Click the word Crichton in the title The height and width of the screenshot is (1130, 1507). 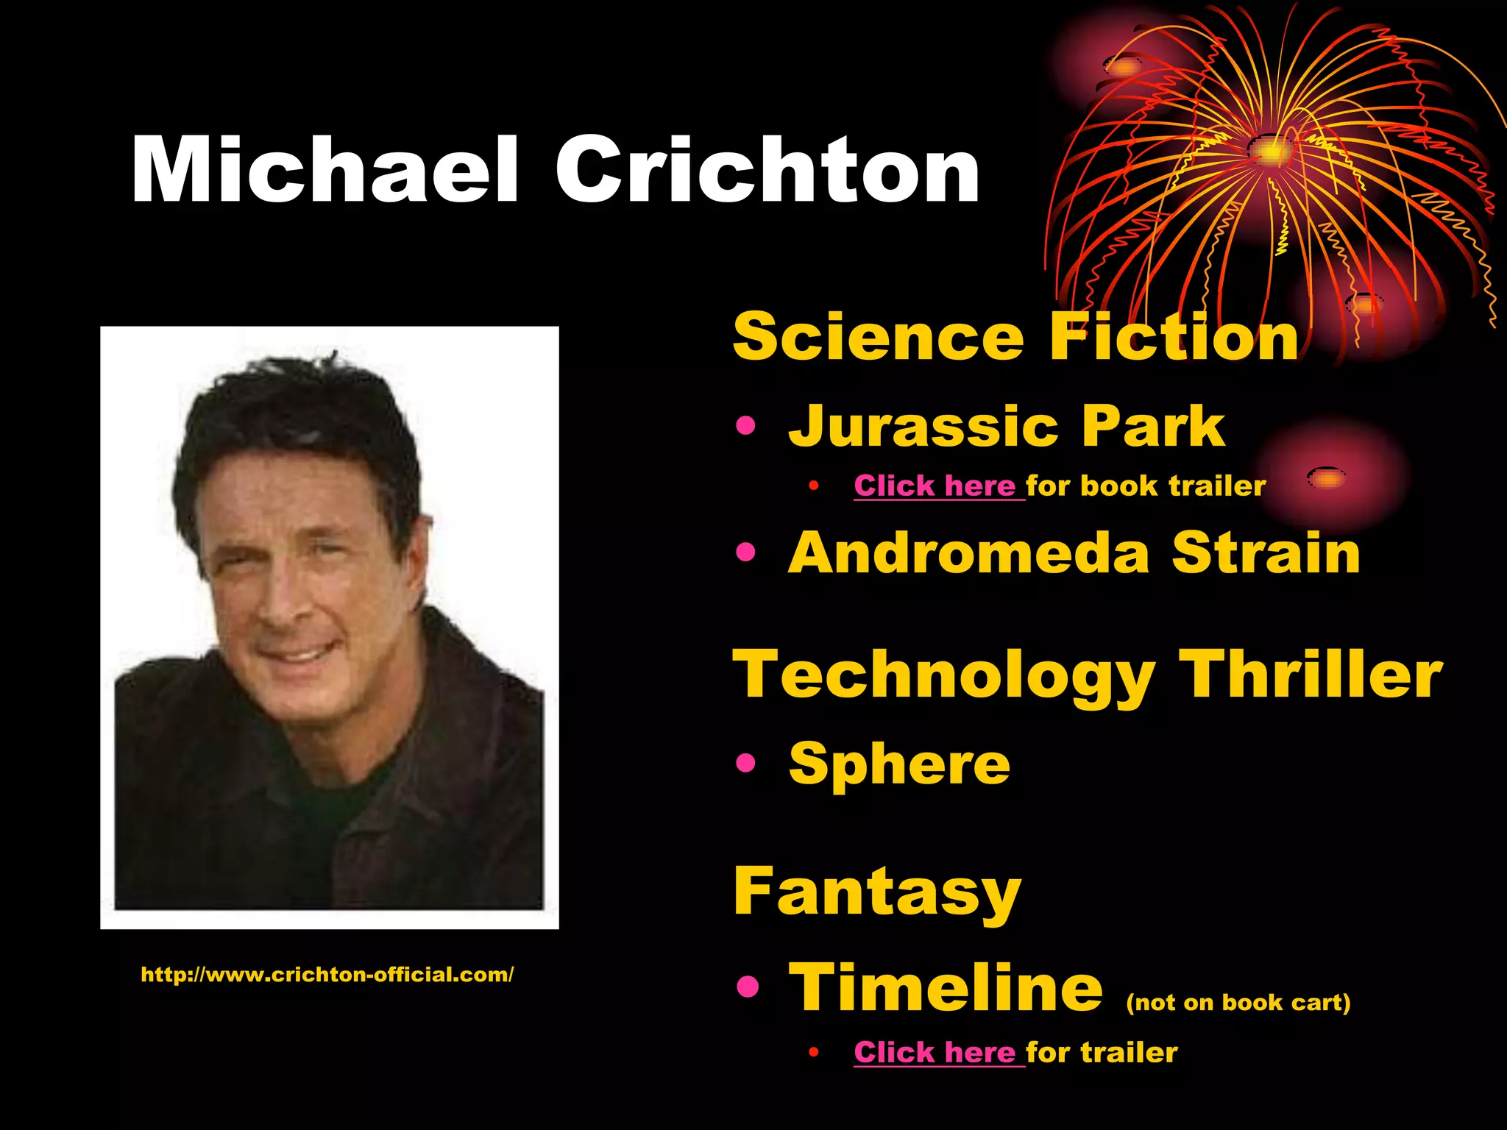(767, 170)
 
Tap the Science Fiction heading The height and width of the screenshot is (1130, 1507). (1015, 336)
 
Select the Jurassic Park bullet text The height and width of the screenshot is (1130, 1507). (1006, 426)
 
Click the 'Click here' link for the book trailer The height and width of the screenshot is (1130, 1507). (938, 486)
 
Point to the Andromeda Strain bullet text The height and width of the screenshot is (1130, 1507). (1074, 553)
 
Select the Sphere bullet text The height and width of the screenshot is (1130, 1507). (899, 764)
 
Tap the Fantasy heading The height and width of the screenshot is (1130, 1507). (877, 892)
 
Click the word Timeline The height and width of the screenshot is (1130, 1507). (946, 988)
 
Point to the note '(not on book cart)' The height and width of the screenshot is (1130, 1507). (1238, 1002)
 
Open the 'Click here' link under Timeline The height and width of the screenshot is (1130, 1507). (938, 1053)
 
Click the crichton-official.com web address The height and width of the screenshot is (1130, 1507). (327, 975)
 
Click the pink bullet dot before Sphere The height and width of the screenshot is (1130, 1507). (745, 764)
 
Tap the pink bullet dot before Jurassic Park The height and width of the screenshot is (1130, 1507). (745, 426)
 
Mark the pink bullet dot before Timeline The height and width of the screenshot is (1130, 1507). (747, 987)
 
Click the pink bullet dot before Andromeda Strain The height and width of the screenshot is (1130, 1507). (745, 552)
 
